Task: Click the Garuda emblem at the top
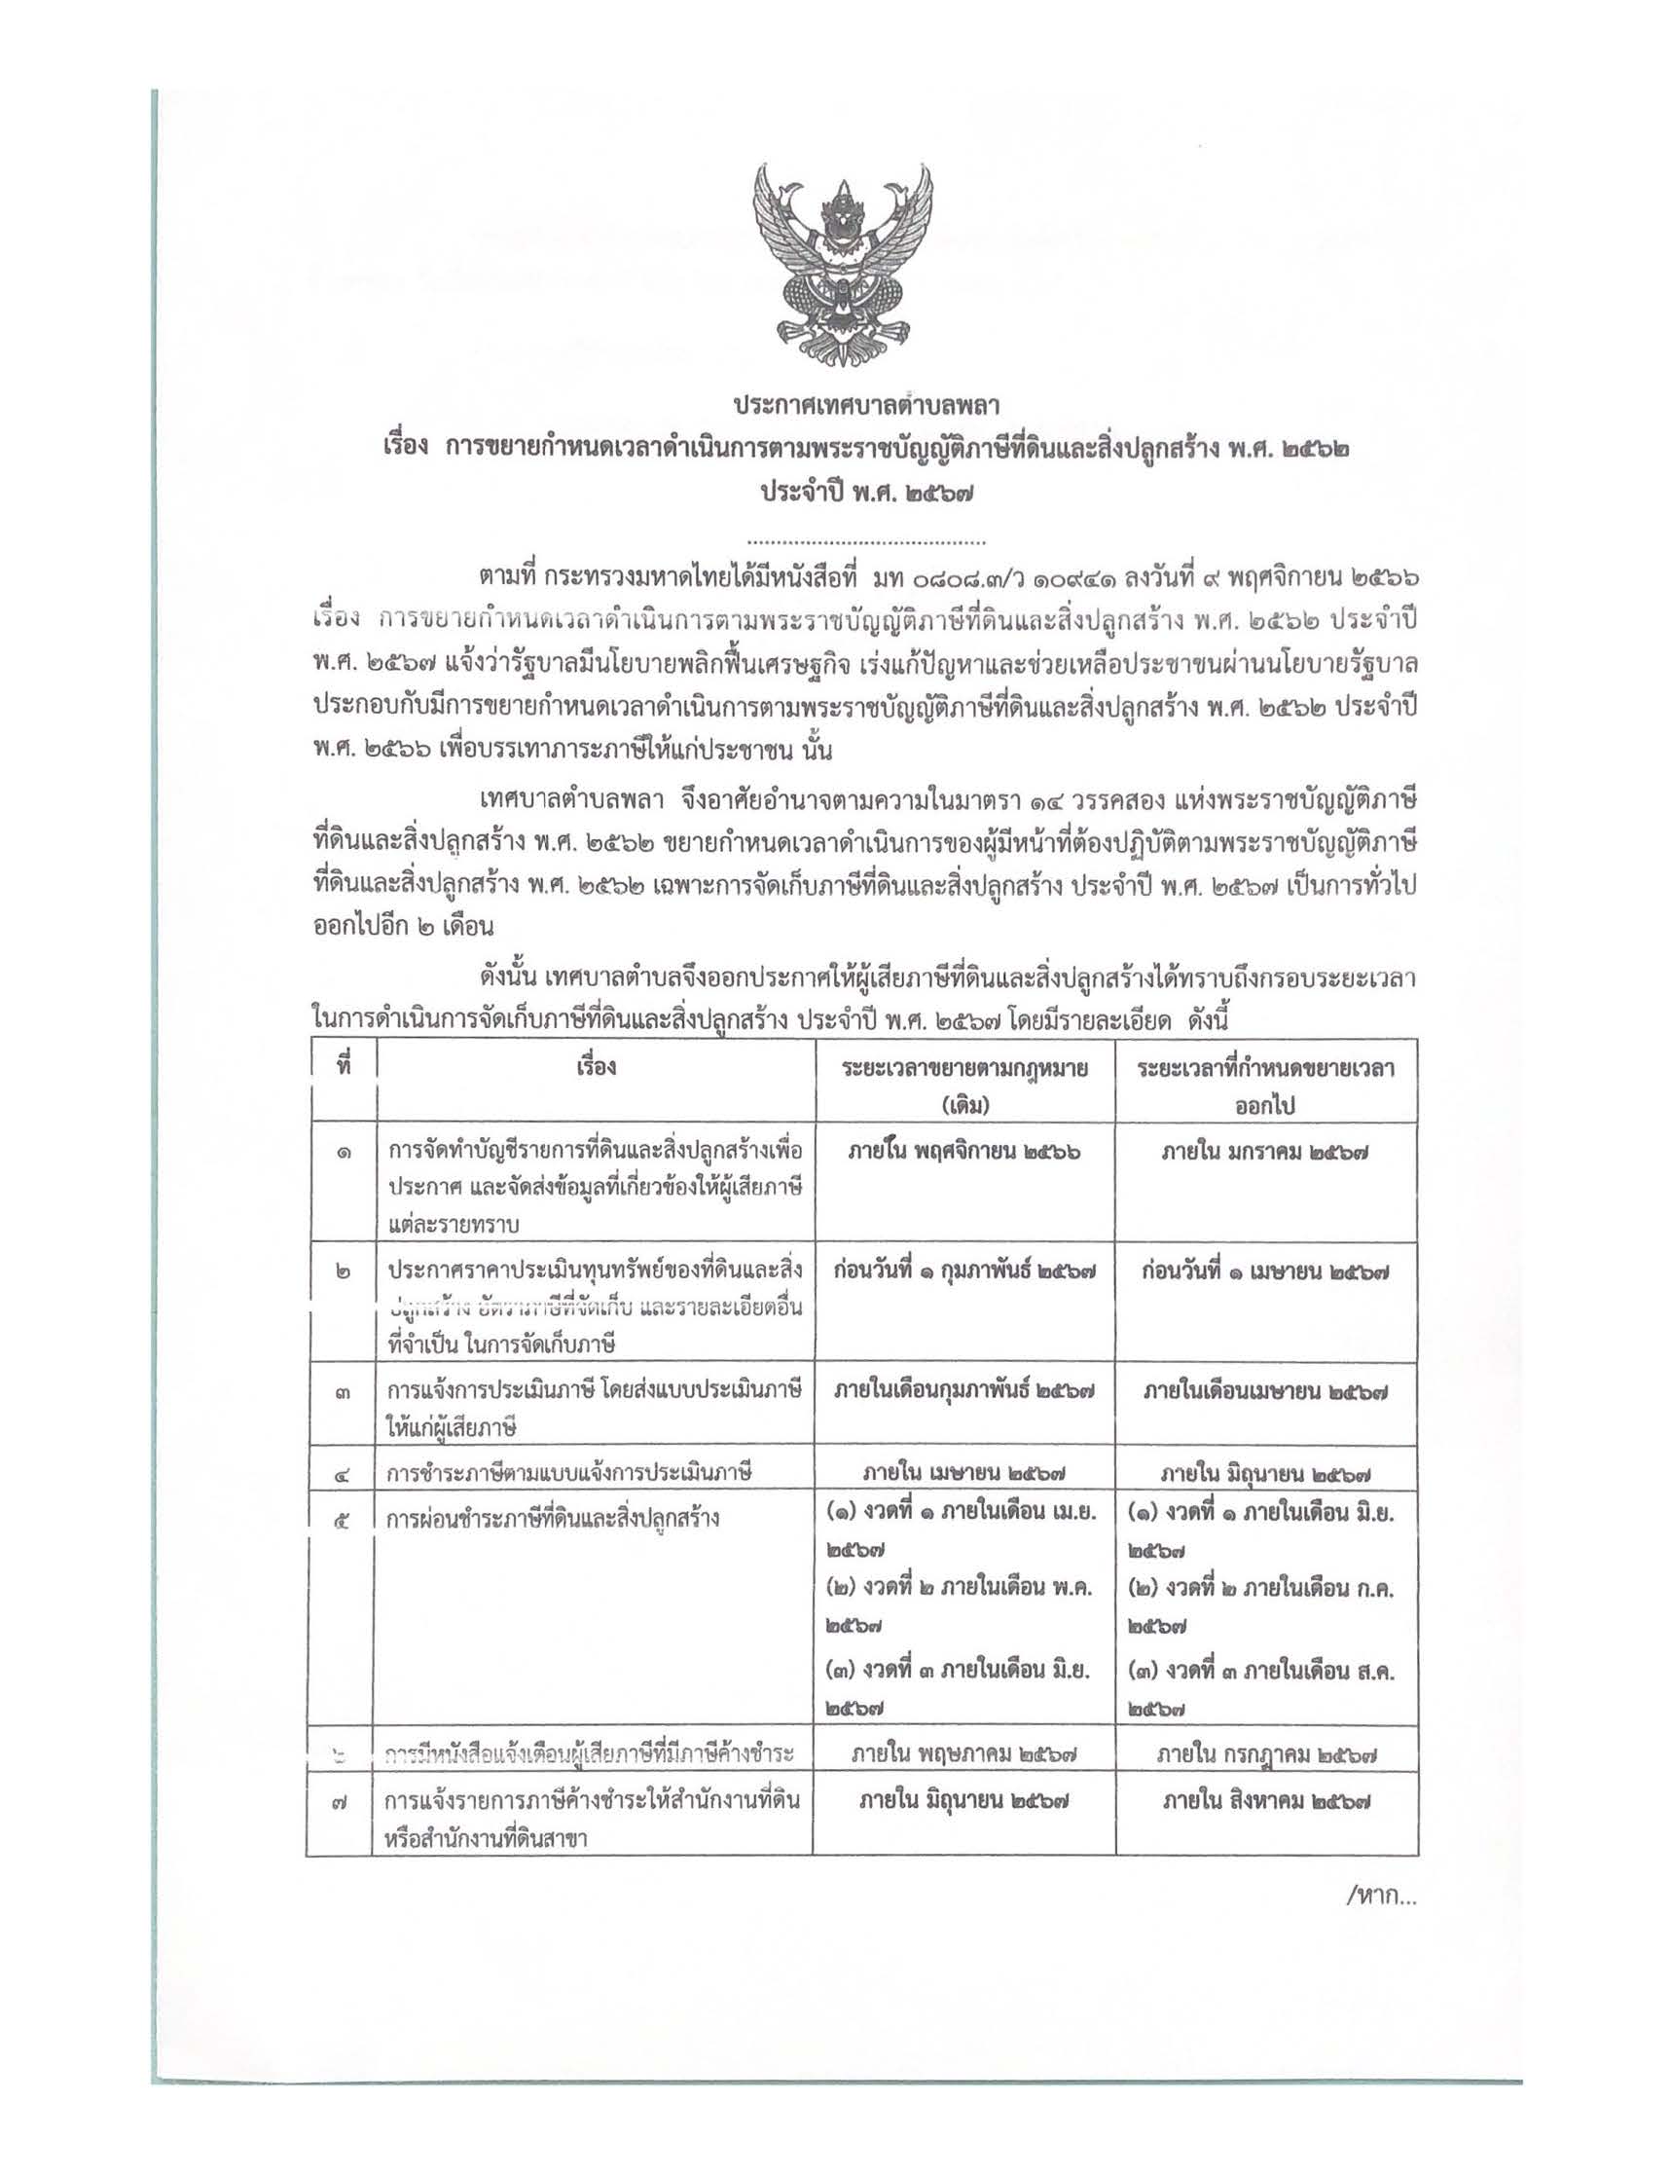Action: (844, 269)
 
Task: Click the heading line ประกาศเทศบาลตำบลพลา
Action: (864, 406)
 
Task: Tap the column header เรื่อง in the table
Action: (596, 1068)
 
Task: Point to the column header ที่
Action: (344, 1068)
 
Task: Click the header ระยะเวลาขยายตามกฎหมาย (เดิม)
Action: (963, 1085)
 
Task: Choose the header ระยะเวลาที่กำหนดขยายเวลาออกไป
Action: (1265, 1085)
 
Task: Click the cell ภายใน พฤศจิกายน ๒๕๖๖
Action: (963, 1151)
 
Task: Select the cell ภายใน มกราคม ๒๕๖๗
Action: (1265, 1151)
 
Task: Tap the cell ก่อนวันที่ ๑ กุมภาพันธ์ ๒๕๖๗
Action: (963, 1271)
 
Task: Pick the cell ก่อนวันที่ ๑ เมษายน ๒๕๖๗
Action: (1265, 1271)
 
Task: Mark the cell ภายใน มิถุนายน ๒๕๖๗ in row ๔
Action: (1265, 1474)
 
